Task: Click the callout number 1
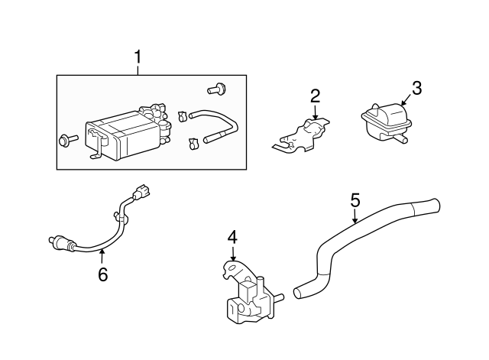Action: click(138, 57)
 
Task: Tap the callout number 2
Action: click(315, 96)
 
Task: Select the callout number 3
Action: click(416, 88)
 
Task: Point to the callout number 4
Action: click(232, 238)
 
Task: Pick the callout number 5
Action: click(355, 200)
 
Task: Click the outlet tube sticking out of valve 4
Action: click(279, 296)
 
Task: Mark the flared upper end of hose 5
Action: click(428, 205)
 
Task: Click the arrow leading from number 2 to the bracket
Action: click(315, 112)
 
